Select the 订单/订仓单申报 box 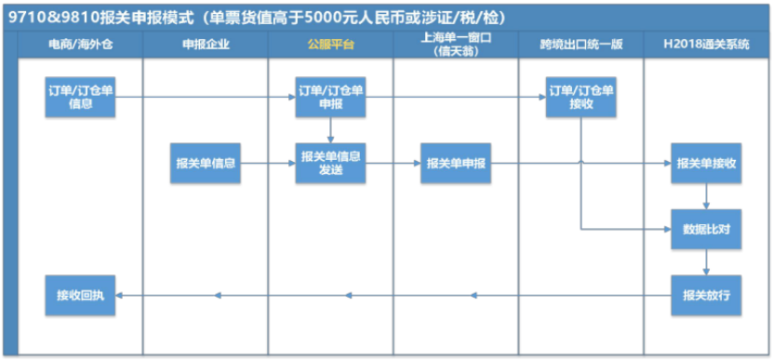tap(330, 97)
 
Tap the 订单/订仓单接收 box tap(581, 97)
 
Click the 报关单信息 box tap(205, 163)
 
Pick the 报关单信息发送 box tap(330, 162)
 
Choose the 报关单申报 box tap(456, 163)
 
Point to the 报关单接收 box tap(707, 163)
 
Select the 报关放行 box tap(707, 295)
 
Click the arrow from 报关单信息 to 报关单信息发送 tap(268, 163)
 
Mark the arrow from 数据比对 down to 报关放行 tap(707, 261)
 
